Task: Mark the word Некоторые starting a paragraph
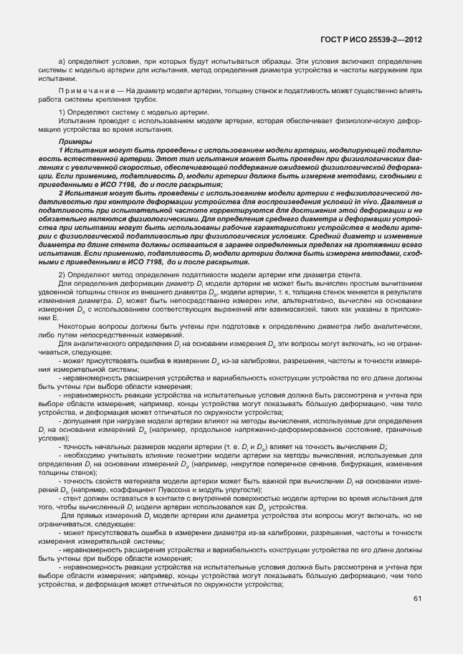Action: (x=77, y=327)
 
